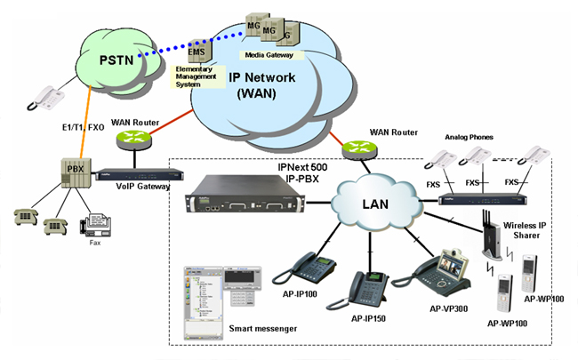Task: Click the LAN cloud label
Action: pos(375,205)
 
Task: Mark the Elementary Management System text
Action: pos(197,75)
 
